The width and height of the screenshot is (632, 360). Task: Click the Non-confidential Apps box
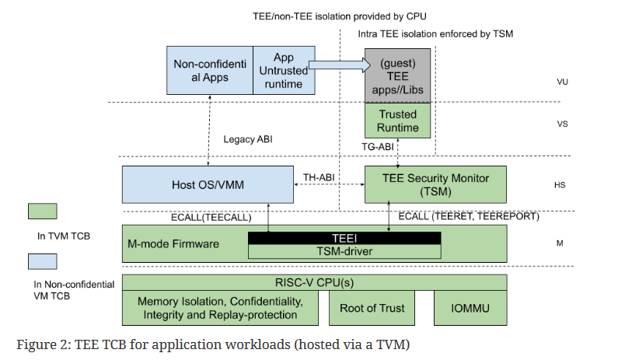pyautogui.click(x=210, y=71)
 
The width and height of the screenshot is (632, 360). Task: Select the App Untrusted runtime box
pyautogui.click(x=284, y=71)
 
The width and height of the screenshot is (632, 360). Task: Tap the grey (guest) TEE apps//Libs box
pyautogui.click(x=397, y=75)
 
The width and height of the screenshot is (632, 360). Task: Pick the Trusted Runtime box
pyautogui.click(x=397, y=121)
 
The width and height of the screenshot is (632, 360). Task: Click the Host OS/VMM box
pyautogui.click(x=208, y=184)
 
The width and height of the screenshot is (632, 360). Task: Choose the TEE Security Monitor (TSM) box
pyautogui.click(x=435, y=184)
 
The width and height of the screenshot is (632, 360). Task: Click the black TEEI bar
pyautogui.click(x=344, y=238)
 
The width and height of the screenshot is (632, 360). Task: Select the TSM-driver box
pyautogui.click(x=344, y=252)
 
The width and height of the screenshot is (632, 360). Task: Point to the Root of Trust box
pyautogui.click(x=372, y=309)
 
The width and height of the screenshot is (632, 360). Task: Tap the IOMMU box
pyautogui.click(x=470, y=309)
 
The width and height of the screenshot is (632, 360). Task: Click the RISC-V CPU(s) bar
pyautogui.click(x=314, y=282)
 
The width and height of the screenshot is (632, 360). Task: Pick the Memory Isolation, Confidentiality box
pyautogui.click(x=220, y=308)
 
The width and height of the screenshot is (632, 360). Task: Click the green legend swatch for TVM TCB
pyautogui.click(x=42, y=211)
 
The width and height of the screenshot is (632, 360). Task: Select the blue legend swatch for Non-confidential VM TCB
pyautogui.click(x=42, y=261)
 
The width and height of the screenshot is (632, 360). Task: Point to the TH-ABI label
pyautogui.click(x=319, y=177)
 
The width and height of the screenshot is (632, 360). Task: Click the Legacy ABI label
pyautogui.click(x=248, y=139)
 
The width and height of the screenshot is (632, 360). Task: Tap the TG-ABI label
pyautogui.click(x=378, y=147)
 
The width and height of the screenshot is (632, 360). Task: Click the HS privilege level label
pyautogui.click(x=560, y=185)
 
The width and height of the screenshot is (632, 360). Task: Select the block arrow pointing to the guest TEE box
pyautogui.click(x=340, y=65)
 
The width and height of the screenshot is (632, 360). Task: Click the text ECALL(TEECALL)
pyautogui.click(x=211, y=218)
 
